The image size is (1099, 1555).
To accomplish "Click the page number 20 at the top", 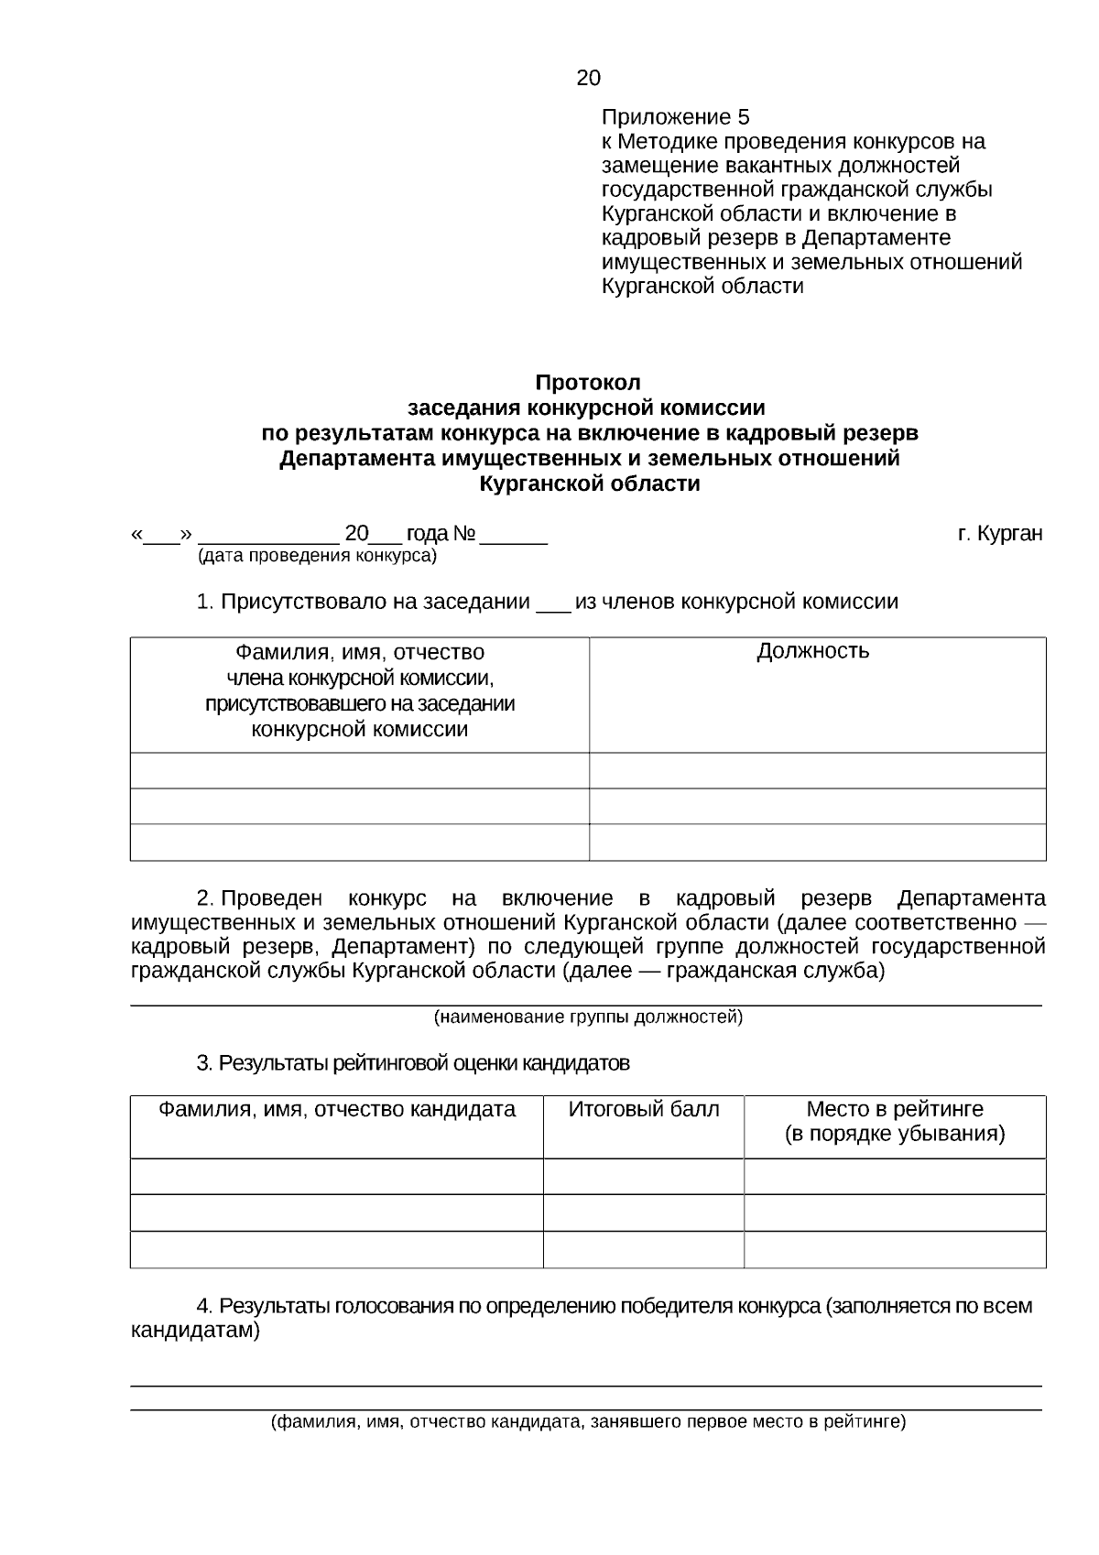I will pos(588,78).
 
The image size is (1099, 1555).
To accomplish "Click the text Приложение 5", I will pos(675,117).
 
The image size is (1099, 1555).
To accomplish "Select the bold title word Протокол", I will pos(588,382).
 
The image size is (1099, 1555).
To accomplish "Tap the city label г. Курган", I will pos(1000,533).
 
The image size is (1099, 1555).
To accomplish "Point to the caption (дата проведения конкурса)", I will pos(318,556).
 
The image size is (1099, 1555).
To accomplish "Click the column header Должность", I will pos(813,651).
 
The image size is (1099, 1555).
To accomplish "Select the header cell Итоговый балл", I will pos(644,1109).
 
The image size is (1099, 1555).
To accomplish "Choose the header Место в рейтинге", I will pos(895,1109).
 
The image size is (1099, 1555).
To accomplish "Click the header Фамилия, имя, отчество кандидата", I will pos(337,1109).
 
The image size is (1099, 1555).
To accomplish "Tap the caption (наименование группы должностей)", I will pos(588,1017).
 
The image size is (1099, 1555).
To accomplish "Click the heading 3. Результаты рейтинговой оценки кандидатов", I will pos(413,1063).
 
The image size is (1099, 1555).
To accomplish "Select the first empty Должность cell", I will pos(817,770).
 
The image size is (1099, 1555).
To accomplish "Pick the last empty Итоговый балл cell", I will pos(644,1249).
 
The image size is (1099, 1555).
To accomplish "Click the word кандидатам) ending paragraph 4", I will pos(195,1331).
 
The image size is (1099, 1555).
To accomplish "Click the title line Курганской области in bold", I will pos(590,484).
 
